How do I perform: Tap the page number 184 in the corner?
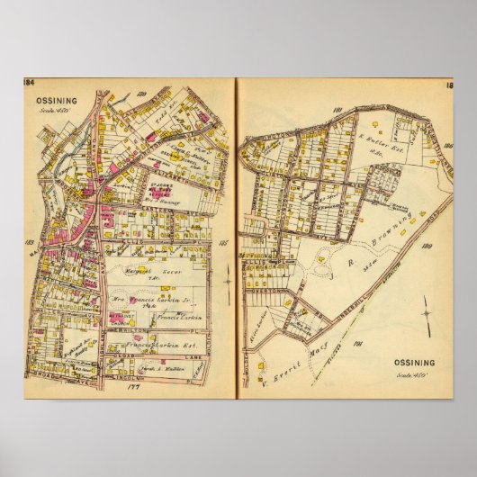(x=28, y=84)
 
